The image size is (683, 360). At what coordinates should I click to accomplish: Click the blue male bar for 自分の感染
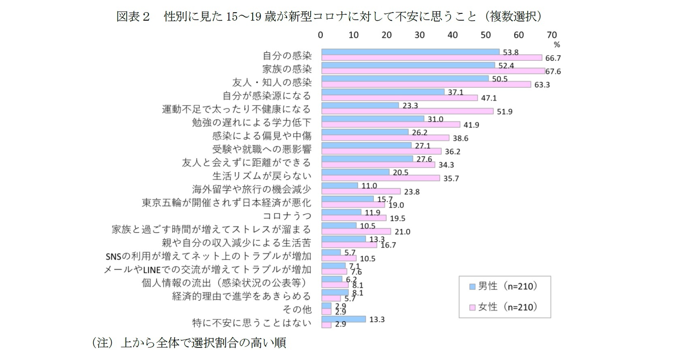tap(410, 52)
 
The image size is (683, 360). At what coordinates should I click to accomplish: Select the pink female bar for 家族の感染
tap(433, 71)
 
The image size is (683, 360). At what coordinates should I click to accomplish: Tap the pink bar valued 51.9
tap(407, 111)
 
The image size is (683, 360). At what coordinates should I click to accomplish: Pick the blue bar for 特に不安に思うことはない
tap(344, 319)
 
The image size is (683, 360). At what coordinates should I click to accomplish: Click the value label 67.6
tap(553, 72)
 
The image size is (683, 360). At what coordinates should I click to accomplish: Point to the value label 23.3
tap(410, 106)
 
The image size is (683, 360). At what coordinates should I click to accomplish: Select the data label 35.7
tap(451, 179)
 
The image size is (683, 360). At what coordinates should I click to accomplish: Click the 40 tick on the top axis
tap(452, 35)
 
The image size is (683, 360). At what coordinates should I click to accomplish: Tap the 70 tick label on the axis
tap(552, 35)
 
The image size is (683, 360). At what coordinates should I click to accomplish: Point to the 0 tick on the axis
tap(320, 35)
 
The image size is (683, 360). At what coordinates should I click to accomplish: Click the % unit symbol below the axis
tap(557, 45)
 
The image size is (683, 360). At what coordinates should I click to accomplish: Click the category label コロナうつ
tap(287, 216)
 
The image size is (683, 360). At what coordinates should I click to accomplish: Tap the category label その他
tap(297, 309)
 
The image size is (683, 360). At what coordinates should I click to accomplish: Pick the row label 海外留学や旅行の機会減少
tap(251, 189)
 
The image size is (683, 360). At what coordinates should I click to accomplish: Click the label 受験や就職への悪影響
tap(262, 149)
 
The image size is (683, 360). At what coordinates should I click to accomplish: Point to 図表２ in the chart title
tap(133, 17)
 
